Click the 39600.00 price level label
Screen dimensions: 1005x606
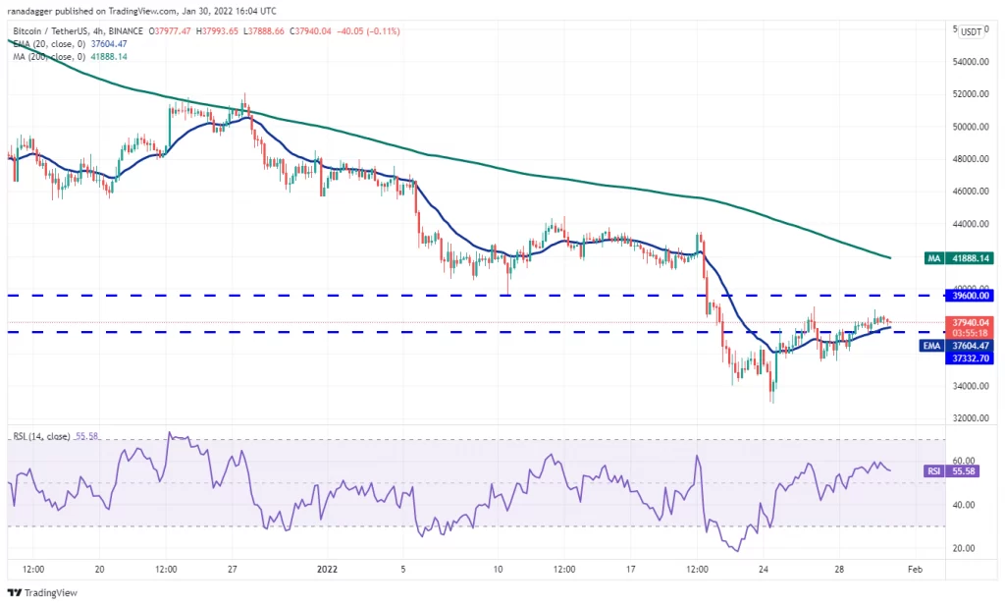pos(971,296)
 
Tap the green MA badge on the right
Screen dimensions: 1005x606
pos(934,258)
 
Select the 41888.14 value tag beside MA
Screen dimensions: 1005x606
pos(971,258)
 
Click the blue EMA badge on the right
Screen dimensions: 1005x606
pos(931,346)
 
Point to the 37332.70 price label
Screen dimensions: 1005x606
pos(971,358)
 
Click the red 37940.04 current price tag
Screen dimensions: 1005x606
pos(971,322)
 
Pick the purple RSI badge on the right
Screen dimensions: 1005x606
pos(934,471)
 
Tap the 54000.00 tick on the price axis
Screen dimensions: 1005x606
pos(971,62)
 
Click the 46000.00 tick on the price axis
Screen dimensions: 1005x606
pos(971,192)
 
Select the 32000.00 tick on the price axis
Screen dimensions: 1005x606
pos(971,418)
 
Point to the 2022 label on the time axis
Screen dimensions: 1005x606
pos(328,570)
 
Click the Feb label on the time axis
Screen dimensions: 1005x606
pos(916,570)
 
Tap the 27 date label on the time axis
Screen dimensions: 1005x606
pos(233,570)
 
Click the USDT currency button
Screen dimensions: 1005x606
pos(971,31)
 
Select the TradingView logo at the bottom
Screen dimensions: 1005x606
pos(42,592)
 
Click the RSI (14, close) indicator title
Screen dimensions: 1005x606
pos(41,436)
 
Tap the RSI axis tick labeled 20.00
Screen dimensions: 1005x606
pos(964,548)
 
